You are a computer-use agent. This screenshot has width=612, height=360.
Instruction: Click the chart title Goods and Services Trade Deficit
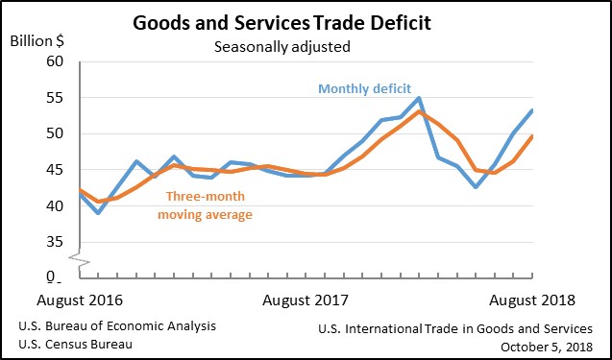[282, 23]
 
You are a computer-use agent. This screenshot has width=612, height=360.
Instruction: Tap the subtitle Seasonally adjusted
[282, 47]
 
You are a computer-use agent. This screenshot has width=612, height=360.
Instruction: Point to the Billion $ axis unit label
[37, 41]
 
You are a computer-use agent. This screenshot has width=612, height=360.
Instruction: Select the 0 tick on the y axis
[51, 276]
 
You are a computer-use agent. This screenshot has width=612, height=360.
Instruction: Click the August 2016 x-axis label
[80, 300]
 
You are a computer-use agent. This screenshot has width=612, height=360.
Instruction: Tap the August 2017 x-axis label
[306, 300]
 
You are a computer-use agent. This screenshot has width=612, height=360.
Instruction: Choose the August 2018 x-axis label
[532, 300]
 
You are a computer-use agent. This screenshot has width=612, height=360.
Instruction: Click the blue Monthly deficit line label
[364, 88]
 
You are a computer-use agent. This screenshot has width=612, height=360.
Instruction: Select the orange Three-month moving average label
[206, 205]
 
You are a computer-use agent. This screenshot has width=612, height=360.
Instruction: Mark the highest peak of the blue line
[419, 98]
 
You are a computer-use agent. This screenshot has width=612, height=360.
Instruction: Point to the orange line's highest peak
[419, 111]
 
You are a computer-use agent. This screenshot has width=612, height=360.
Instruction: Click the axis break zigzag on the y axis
[80, 259]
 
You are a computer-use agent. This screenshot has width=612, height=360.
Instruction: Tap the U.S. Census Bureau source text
[75, 345]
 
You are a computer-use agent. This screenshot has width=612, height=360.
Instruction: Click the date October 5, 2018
[547, 347]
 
